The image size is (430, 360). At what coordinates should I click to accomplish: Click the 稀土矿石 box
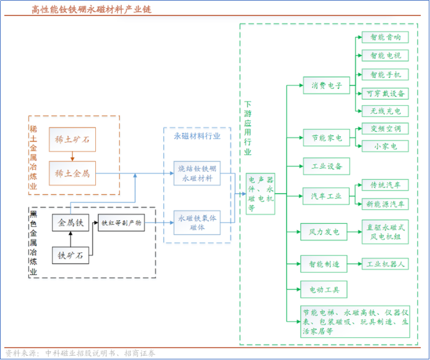point(72,140)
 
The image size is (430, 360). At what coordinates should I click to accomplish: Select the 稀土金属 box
point(72,173)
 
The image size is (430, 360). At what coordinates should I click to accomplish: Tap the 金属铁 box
point(71,223)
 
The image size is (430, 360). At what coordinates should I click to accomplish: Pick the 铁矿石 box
point(71,254)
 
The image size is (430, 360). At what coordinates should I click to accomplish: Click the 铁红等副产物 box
point(121,223)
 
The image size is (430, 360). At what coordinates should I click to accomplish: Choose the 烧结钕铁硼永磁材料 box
point(197,173)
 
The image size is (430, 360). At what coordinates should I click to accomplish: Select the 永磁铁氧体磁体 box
point(197,223)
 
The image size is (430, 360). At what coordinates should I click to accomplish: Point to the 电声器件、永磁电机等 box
point(260,193)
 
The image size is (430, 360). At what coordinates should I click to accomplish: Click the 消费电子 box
point(327,85)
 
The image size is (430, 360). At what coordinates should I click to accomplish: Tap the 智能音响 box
point(385,37)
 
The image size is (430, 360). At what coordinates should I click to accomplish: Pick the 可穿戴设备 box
point(385,93)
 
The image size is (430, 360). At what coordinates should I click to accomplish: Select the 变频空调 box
point(385,129)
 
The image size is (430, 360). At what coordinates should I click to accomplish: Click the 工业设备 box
point(327,166)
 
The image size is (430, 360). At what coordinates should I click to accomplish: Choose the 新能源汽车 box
point(385,204)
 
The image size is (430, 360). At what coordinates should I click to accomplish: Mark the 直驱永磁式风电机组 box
point(385,232)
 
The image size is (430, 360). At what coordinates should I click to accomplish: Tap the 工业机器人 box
point(385,264)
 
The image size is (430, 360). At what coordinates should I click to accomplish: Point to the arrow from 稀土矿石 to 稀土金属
point(72,157)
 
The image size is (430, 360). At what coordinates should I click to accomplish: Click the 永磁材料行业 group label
point(197,135)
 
